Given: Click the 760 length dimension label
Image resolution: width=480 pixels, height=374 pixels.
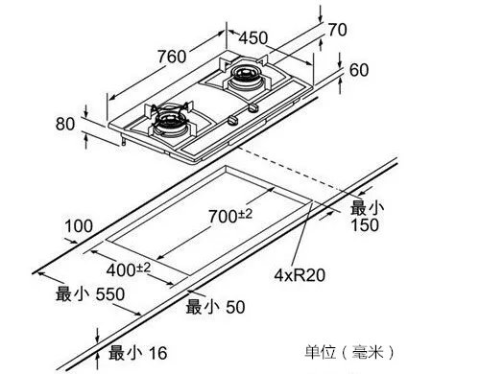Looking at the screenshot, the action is (x=172, y=57).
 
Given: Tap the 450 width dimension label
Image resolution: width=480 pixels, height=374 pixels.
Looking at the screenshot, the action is (x=253, y=37).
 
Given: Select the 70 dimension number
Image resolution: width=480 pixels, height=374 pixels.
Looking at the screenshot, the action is (x=337, y=30).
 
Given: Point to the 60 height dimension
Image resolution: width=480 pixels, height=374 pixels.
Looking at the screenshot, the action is (x=359, y=70).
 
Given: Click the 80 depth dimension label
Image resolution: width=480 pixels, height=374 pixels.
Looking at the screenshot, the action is (x=65, y=124).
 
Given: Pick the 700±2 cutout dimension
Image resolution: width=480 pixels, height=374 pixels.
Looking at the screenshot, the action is (x=230, y=216).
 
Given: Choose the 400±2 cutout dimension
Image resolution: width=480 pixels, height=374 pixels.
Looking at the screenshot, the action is (x=128, y=269).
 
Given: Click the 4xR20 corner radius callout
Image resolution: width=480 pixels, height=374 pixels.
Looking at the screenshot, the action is (x=300, y=275).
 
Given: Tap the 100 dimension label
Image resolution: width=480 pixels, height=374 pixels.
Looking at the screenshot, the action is (x=79, y=226).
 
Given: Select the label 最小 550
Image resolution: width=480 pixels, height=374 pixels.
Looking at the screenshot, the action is (x=90, y=294).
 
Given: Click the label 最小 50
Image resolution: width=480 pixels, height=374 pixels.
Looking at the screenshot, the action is (x=215, y=307).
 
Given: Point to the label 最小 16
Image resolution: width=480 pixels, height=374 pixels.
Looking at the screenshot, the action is (x=137, y=353).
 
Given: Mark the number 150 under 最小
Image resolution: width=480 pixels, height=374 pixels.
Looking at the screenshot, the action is (x=365, y=224).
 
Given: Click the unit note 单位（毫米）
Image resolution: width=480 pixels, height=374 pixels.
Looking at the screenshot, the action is (x=349, y=352).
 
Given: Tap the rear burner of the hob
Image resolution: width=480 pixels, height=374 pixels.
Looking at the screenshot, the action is (x=246, y=79).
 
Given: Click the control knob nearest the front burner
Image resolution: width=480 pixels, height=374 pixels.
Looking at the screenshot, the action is (x=232, y=120).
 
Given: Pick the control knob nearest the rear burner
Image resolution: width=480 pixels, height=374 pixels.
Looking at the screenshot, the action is (x=252, y=107).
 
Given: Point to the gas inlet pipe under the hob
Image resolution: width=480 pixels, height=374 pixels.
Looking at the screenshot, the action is (x=123, y=140).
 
